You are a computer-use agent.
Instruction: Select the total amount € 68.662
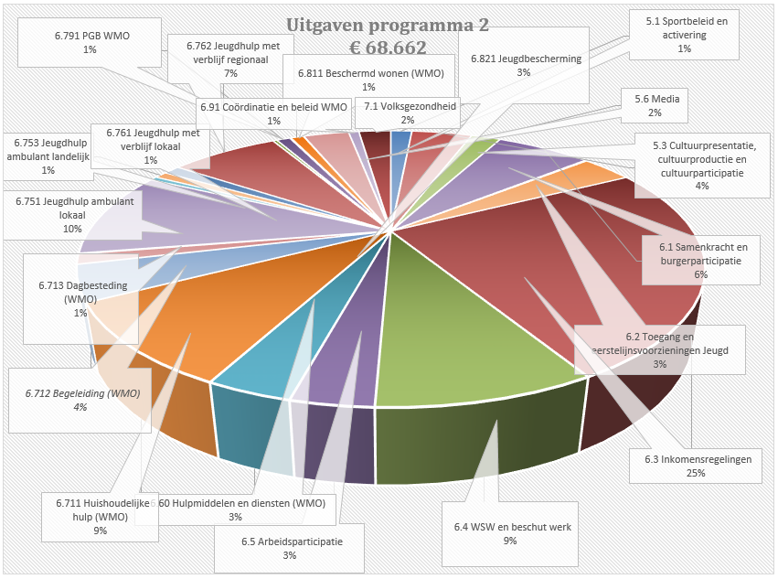pyautogui.click(x=388, y=48)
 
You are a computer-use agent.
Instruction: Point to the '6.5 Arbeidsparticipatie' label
pyautogui.click(x=292, y=548)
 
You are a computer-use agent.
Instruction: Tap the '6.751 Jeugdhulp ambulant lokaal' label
pyautogui.click(x=72, y=214)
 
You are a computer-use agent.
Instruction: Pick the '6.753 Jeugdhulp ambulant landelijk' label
pyautogui.click(x=48, y=155)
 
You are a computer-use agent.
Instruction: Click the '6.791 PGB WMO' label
pyautogui.click(x=89, y=42)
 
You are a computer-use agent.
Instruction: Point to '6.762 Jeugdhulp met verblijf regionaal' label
pyautogui.click(x=230, y=58)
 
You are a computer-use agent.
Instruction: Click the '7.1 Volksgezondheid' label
pyautogui.click(x=408, y=113)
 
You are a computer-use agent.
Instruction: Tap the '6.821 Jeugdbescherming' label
pyautogui.click(x=524, y=65)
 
